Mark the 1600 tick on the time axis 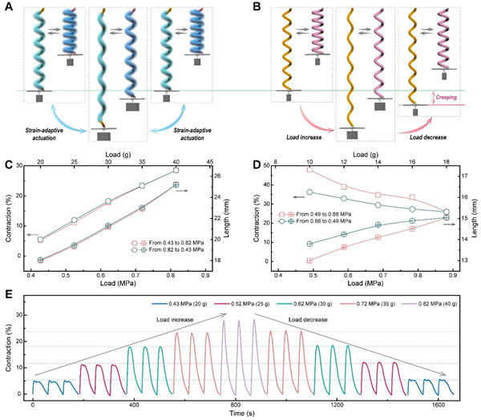(x=439, y=406)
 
